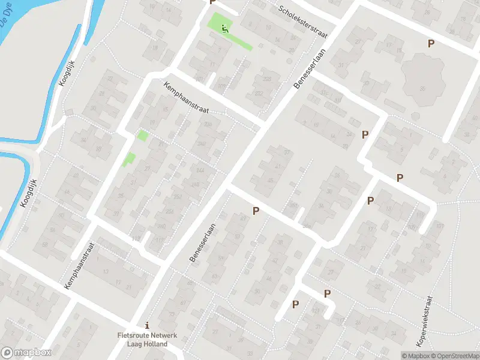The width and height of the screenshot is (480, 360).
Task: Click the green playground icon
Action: pyautogui.click(x=225, y=28)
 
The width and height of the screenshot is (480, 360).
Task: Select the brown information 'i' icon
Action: pyautogui.click(x=148, y=325)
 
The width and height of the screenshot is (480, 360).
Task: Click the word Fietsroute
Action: pyautogui.click(x=134, y=335)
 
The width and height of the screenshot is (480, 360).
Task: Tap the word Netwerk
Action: pyautogui.click(x=164, y=335)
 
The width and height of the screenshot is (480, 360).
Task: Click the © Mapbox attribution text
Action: pyautogui.click(x=413, y=356)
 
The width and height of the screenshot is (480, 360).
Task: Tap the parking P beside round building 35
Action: pyautogui.click(x=430, y=43)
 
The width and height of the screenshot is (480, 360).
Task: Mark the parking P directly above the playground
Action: pyautogui.click(x=212, y=2)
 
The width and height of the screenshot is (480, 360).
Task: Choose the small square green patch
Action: pyautogui.click(x=142, y=135)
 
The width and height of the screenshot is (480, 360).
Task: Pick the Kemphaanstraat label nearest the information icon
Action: pyautogui.click(x=80, y=266)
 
